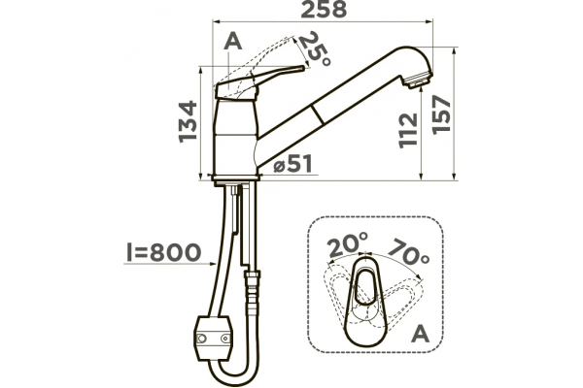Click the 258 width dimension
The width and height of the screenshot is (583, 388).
[x=324, y=10]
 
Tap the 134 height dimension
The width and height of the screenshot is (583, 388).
[x=188, y=121]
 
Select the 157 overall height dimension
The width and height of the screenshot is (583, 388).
[x=442, y=114]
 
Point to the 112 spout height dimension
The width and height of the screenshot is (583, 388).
[x=408, y=131]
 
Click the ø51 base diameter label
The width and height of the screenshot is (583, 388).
[x=293, y=164]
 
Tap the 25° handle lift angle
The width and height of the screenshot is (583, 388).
[x=314, y=49]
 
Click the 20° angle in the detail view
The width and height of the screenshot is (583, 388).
[x=347, y=244]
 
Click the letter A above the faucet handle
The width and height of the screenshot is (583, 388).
[x=233, y=41]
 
